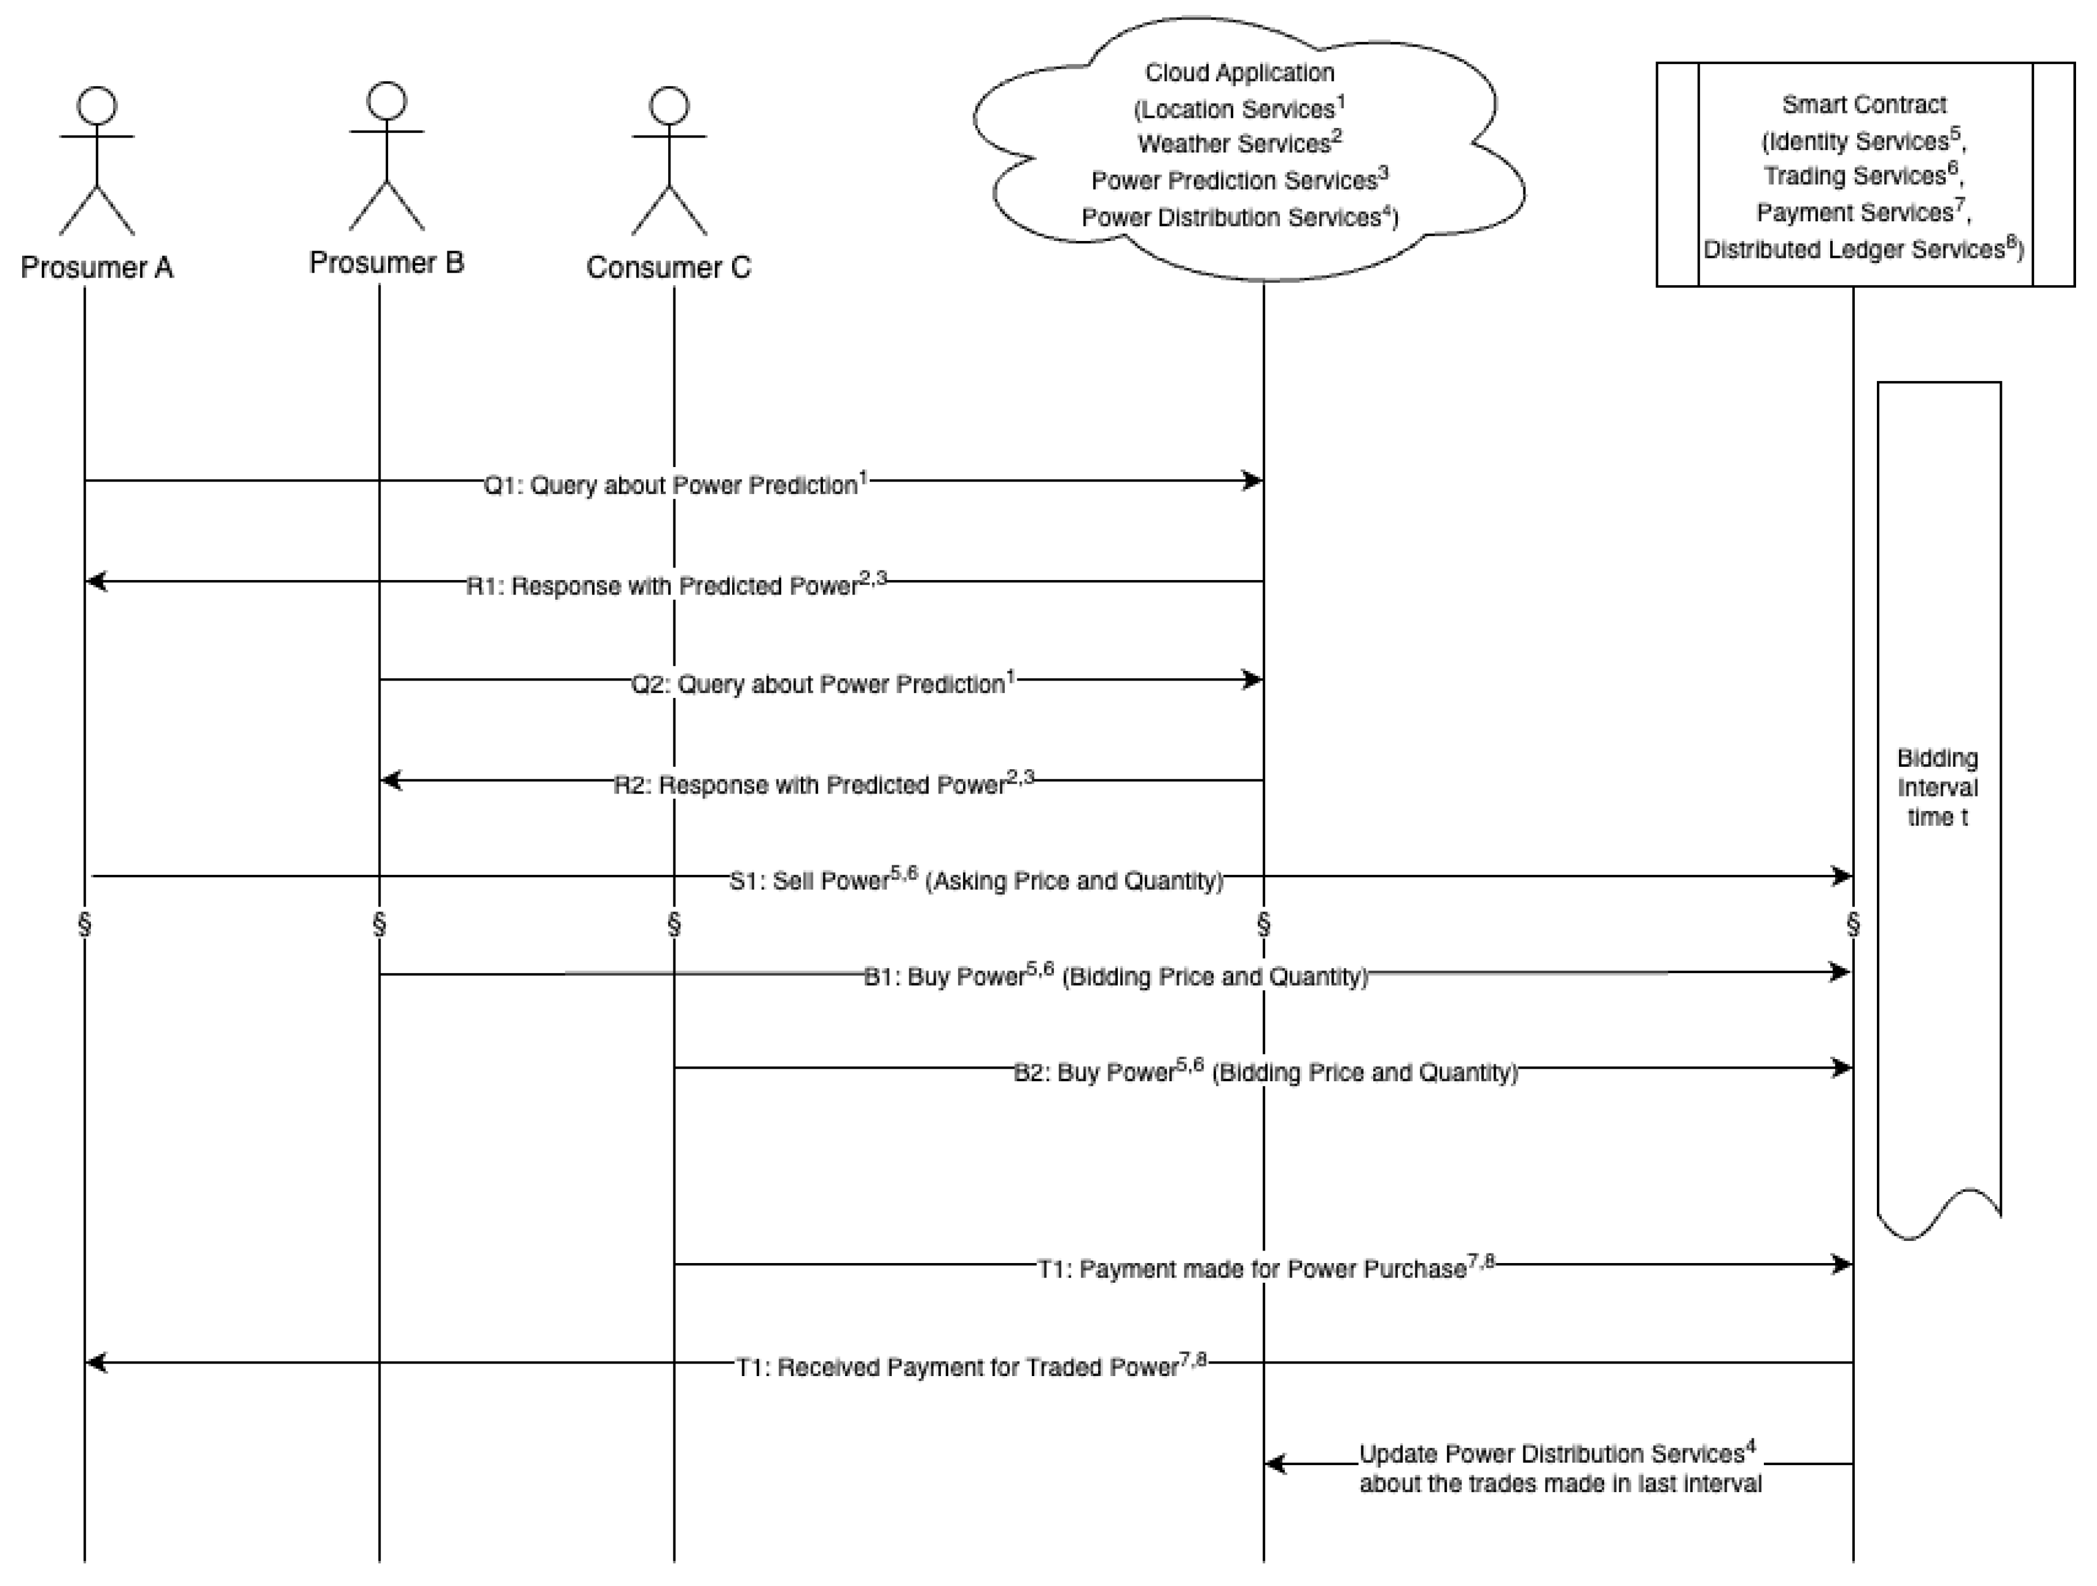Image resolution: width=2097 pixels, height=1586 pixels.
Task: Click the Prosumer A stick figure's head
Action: click(97, 105)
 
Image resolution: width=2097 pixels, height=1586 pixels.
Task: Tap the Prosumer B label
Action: click(387, 263)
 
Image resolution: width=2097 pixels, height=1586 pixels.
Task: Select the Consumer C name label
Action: click(668, 267)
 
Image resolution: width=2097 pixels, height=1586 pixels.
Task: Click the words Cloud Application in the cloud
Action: click(1239, 73)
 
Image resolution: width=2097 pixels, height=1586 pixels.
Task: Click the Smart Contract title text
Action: click(1864, 104)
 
